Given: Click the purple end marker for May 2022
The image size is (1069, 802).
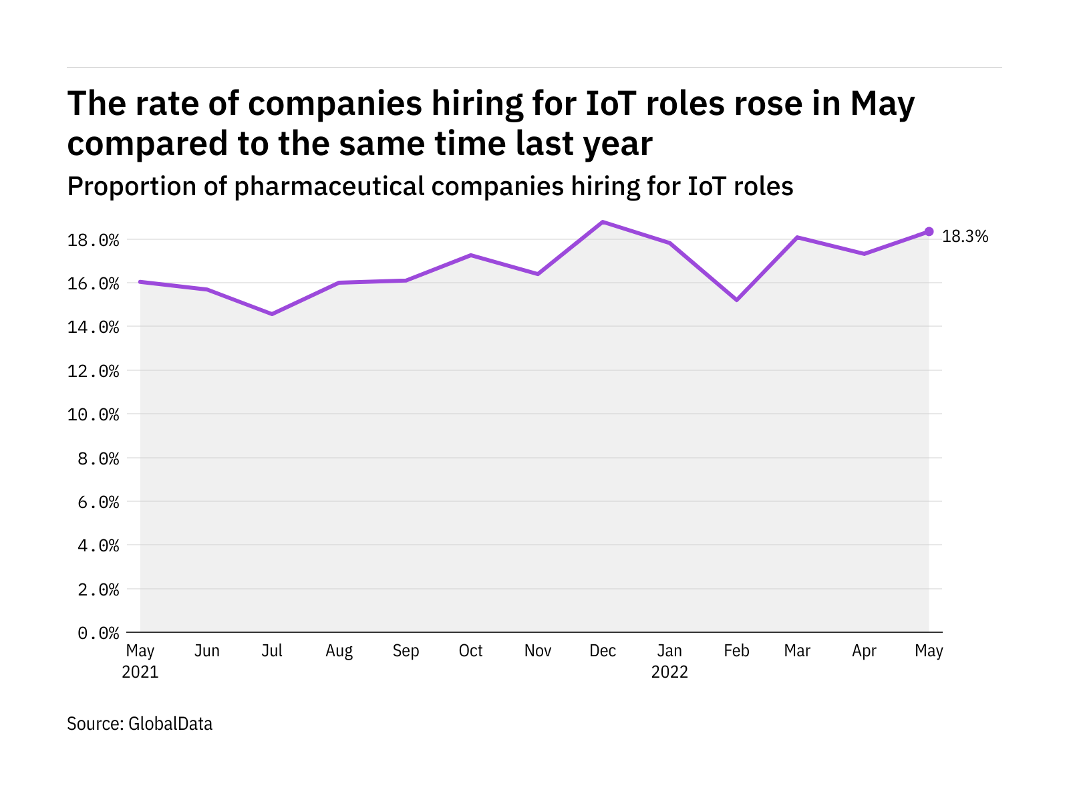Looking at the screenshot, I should pyautogui.click(x=929, y=232).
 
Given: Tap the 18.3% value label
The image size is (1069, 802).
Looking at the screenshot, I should pyautogui.click(x=965, y=237).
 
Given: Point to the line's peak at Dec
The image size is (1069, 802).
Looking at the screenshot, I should pyautogui.click(x=603, y=222).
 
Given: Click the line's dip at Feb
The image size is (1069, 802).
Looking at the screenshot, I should pyautogui.click(x=736, y=300).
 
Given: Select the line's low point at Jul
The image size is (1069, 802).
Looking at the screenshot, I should pyautogui.click(x=272, y=314).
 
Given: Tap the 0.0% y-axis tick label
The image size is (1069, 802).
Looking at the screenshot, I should pyautogui.click(x=98, y=633).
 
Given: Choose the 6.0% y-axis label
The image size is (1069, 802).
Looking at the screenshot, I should pyautogui.click(x=98, y=502).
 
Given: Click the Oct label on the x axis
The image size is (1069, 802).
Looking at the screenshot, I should pyautogui.click(x=470, y=651).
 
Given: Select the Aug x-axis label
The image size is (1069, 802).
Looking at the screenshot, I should pyautogui.click(x=339, y=651).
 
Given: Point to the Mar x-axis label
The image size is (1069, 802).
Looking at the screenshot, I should pyautogui.click(x=797, y=651).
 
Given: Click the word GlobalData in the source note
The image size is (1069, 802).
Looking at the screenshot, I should pyautogui.click(x=170, y=724).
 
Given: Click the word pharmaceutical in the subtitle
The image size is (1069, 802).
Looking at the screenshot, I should pyautogui.click(x=329, y=186).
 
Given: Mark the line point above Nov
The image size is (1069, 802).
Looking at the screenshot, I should pyautogui.click(x=538, y=274).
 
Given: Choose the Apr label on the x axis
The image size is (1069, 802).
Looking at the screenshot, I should pyautogui.click(x=864, y=651).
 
